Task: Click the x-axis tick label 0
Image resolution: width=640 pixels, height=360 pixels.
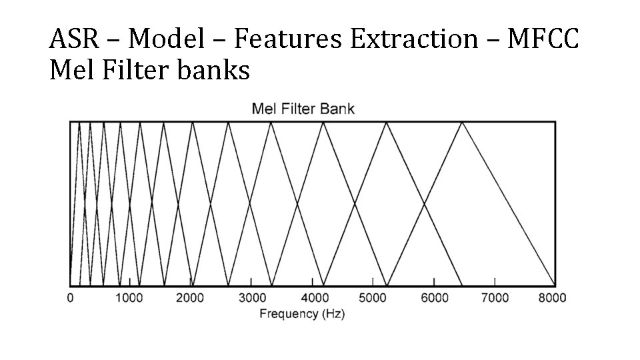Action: [70, 298]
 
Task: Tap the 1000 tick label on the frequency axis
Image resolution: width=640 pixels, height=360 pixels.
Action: [131, 298]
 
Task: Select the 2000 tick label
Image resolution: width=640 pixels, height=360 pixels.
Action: [191, 298]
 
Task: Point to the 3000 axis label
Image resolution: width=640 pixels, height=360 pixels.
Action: [251, 298]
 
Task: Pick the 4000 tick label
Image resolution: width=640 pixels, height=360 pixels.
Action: [312, 298]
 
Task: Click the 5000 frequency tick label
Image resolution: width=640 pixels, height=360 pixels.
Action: [373, 298]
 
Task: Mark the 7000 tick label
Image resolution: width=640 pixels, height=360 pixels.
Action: [494, 298]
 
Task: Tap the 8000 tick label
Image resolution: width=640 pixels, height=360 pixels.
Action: [553, 298]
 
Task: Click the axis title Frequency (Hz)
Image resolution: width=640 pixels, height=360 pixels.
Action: [302, 313]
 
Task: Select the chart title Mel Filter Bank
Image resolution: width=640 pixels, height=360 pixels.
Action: [303, 109]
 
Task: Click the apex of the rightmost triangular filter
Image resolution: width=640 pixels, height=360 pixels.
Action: [461, 123]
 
